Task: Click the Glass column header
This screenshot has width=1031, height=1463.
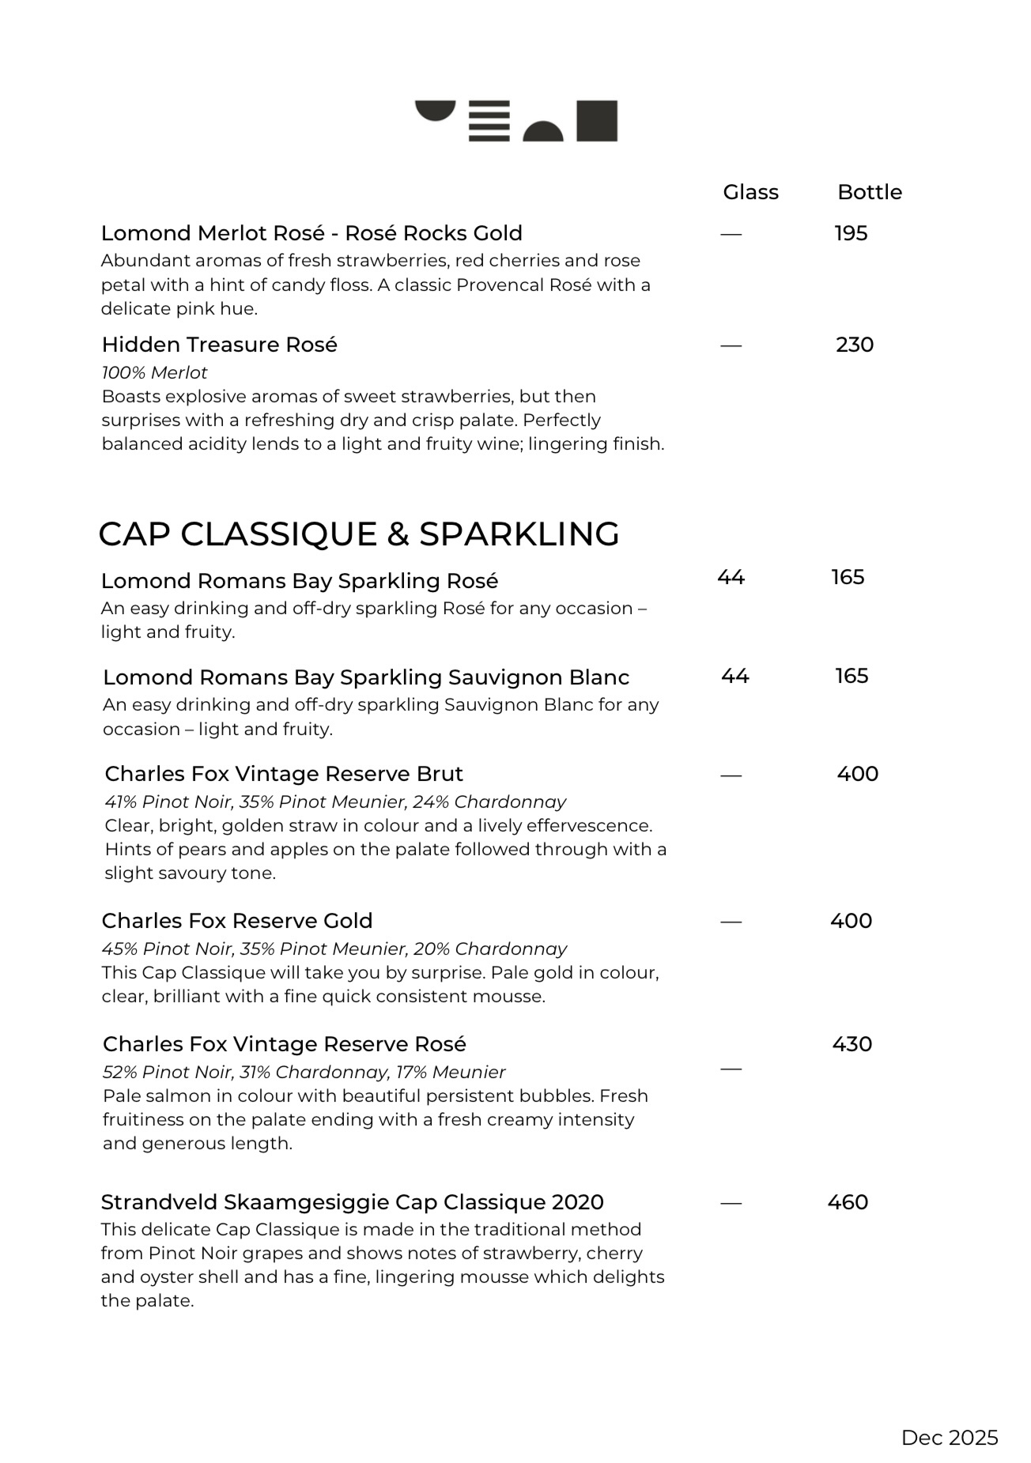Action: click(x=750, y=192)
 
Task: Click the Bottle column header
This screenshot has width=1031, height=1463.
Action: click(x=869, y=192)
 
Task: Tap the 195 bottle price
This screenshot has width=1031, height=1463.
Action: click(x=851, y=233)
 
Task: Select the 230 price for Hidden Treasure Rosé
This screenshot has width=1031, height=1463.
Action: click(x=854, y=345)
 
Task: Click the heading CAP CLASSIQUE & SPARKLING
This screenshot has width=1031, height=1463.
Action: click(x=358, y=534)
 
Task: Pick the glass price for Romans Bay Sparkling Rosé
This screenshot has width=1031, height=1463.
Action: click(x=731, y=578)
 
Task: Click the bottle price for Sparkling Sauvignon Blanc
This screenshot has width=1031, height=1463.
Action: click(x=852, y=676)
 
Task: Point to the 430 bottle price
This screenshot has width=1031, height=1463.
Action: click(x=852, y=1044)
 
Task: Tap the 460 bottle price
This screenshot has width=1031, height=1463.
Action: click(x=848, y=1202)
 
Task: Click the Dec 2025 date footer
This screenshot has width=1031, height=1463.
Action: click(x=949, y=1438)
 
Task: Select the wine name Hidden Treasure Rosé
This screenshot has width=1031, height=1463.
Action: click(x=219, y=345)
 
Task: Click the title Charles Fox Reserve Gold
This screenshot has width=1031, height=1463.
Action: click(x=236, y=921)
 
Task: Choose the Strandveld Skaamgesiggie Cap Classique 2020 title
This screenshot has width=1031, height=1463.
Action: click(x=352, y=1202)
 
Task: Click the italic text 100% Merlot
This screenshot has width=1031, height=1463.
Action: click(x=154, y=372)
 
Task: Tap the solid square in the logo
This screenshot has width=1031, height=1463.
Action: click(x=596, y=121)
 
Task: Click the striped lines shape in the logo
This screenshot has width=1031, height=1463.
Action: click(x=489, y=121)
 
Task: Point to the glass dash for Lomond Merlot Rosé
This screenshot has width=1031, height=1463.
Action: click(x=731, y=234)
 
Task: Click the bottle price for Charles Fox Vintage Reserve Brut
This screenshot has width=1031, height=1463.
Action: click(x=857, y=774)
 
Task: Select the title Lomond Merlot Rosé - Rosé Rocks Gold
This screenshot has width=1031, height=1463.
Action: click(x=312, y=233)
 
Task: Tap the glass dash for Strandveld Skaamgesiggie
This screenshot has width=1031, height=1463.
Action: click(x=731, y=1203)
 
